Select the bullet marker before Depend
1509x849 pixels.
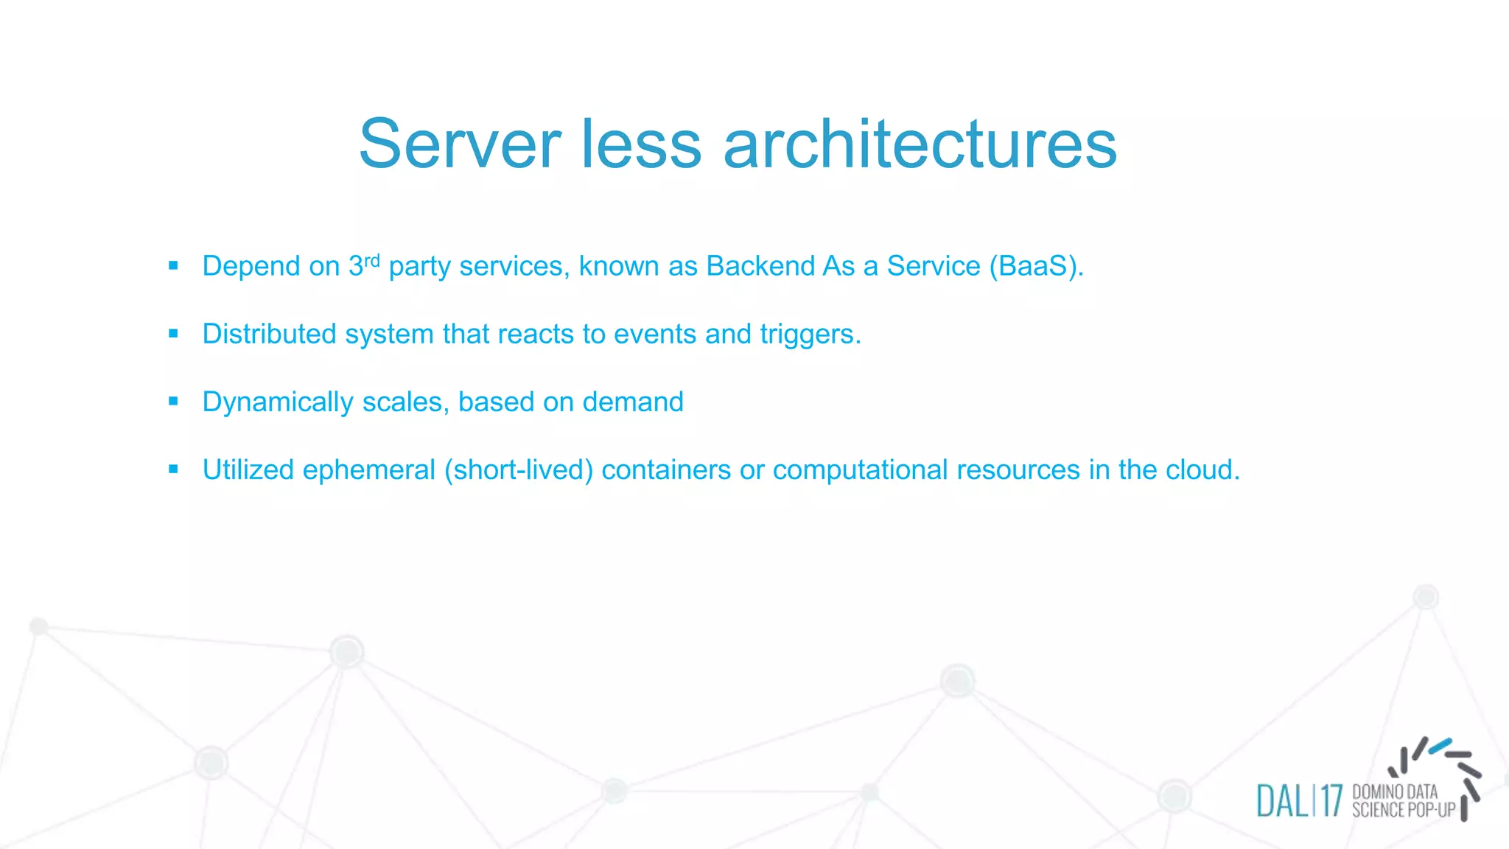tap(173, 265)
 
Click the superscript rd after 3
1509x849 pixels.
tap(372, 259)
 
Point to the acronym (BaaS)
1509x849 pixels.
tap(1035, 266)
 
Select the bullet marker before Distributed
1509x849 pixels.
tap(173, 333)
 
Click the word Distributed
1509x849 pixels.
tap(269, 334)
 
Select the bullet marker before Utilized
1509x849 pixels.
tap(173, 469)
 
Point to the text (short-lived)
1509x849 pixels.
tap(518, 470)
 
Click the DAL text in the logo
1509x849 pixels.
tap(1282, 801)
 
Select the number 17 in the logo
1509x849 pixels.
tap(1331, 801)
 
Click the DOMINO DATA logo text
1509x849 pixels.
tap(1395, 792)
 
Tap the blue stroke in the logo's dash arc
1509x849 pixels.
tap(1440, 746)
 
